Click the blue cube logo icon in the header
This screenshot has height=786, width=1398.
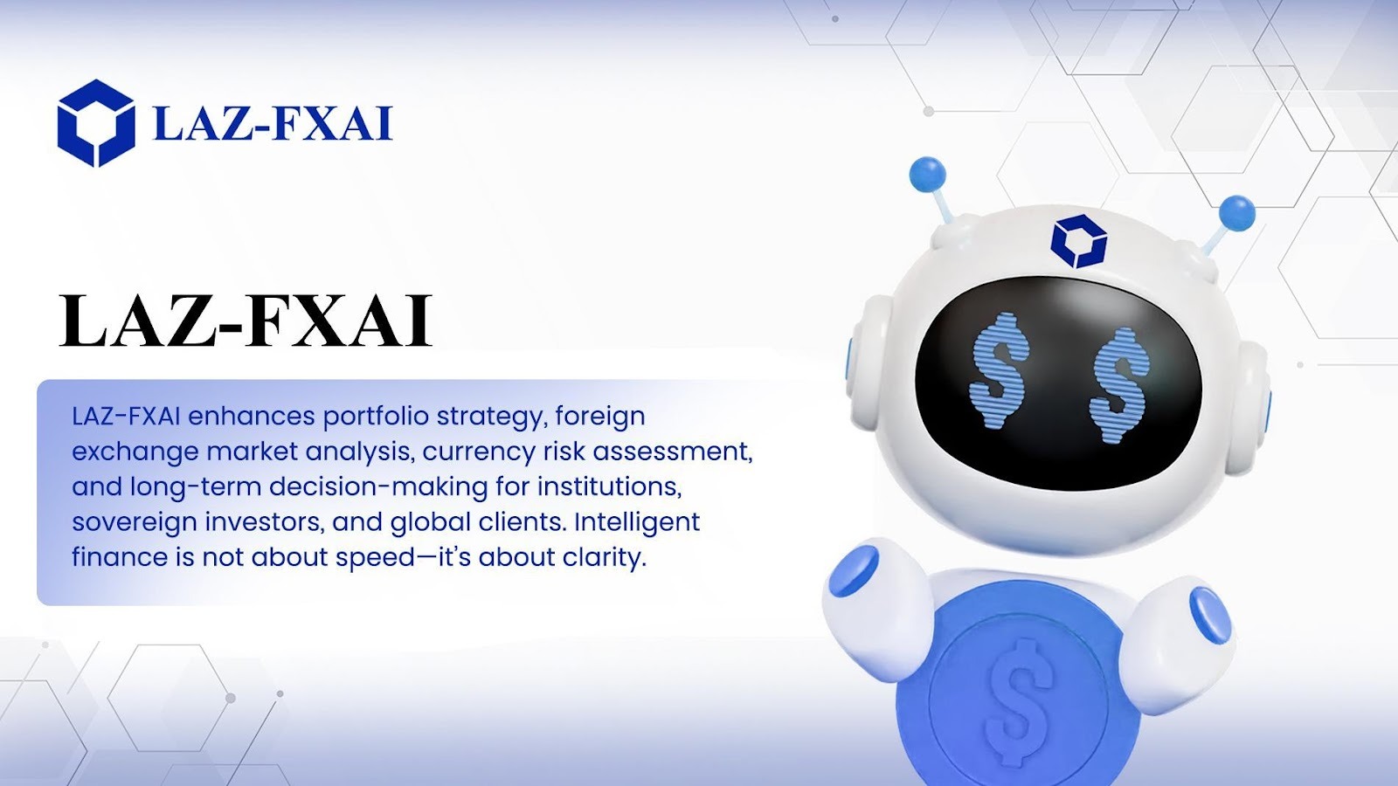tap(96, 123)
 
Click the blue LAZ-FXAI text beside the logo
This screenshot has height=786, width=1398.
tap(273, 123)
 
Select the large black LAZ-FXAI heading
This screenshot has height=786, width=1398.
tap(246, 320)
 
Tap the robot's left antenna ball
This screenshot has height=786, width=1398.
tap(927, 174)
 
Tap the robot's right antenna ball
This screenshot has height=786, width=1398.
tap(1236, 213)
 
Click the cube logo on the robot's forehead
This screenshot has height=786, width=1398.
tap(1079, 241)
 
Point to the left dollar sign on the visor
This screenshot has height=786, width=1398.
tap(999, 370)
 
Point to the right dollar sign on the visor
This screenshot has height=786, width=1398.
tap(1119, 385)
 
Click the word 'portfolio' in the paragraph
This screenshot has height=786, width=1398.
tap(376, 416)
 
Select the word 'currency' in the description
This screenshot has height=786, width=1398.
tap(479, 451)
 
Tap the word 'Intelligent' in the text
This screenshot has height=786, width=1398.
tap(637, 521)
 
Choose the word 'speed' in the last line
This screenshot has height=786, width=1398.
tap(376, 558)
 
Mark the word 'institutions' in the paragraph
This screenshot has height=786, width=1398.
tap(609, 486)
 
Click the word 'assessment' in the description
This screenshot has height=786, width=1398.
tap(673, 452)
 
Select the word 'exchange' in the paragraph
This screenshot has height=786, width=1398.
tap(135, 451)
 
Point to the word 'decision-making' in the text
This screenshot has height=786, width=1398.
tap(378, 486)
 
